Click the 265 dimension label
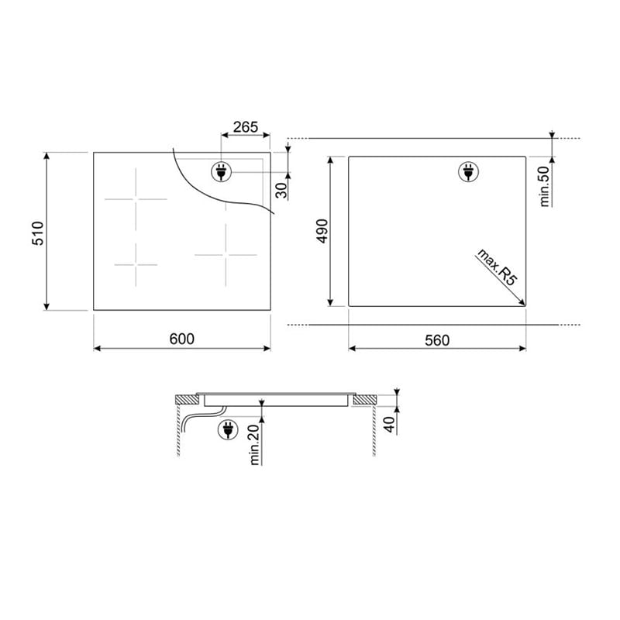coord(246,127)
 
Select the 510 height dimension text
coord(38,233)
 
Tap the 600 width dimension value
coord(182,339)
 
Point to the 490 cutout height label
coord(322,231)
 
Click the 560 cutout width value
coord(437,340)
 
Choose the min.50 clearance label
coord(545,186)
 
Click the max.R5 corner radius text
coord(497,267)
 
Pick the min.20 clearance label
coord(255,444)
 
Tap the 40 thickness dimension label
coord(390,424)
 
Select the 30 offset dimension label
coord(281,191)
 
